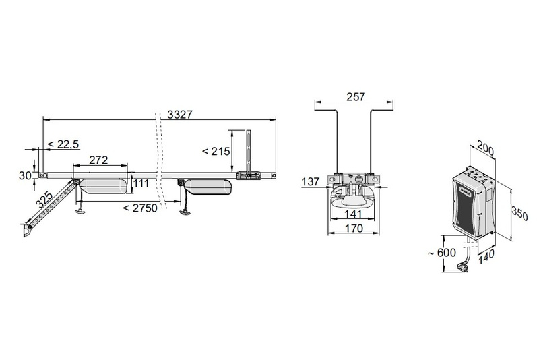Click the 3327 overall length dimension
click(180, 114)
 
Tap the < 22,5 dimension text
click(63, 144)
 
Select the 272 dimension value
click(98, 160)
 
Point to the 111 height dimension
click(141, 183)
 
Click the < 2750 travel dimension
click(140, 208)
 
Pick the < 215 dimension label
click(216, 151)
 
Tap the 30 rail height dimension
click(25, 175)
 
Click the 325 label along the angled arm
click(44, 200)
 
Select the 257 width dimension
click(356, 97)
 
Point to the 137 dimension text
click(311, 181)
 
